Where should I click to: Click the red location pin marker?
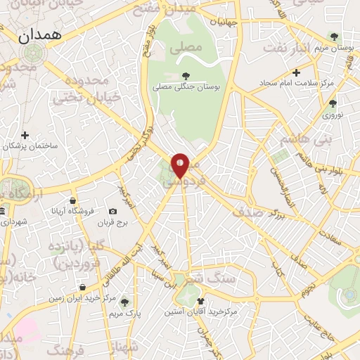(180, 165)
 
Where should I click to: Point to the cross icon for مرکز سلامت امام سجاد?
(296, 72)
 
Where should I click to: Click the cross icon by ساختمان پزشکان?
(25, 134)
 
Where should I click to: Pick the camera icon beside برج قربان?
(112, 212)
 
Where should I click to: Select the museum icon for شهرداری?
(2, 211)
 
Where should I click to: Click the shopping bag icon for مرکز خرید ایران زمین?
(83, 287)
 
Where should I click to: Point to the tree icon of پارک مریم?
(125, 302)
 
